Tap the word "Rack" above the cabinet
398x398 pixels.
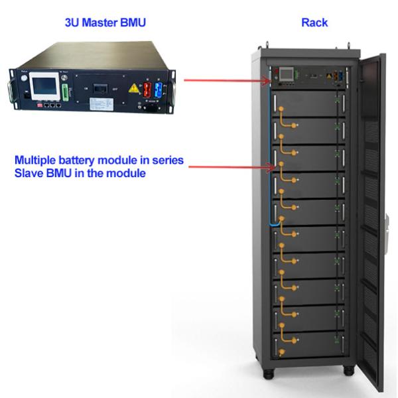(314, 23)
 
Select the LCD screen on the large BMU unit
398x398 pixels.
(42, 87)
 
